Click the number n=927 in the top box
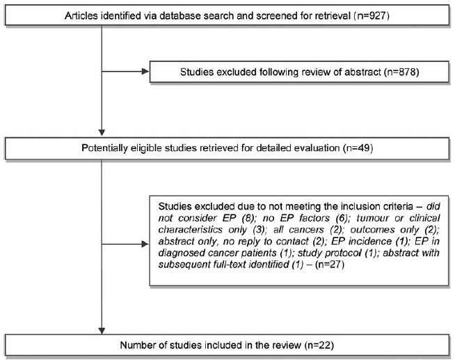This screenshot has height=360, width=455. [x=372, y=15]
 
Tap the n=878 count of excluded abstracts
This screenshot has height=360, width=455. [x=401, y=72]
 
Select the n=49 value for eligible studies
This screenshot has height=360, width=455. [x=358, y=148]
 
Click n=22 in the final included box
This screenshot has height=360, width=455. [x=319, y=345]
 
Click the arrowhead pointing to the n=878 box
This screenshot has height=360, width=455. [x=145, y=72]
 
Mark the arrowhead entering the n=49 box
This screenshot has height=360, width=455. [x=102, y=132]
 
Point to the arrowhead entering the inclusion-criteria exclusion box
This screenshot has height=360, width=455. [x=145, y=244]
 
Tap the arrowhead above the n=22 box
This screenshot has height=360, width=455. [x=102, y=331]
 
